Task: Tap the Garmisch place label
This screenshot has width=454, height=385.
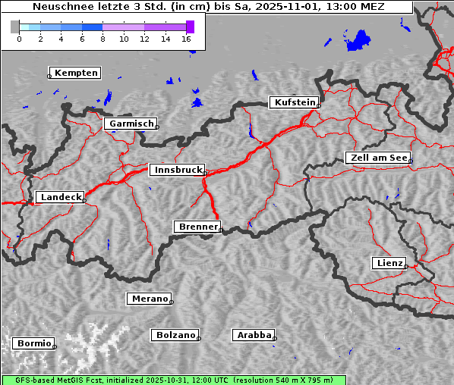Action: coord(132,124)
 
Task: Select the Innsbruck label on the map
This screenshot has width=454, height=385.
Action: coord(178,170)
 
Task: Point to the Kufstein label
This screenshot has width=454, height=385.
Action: coord(295,102)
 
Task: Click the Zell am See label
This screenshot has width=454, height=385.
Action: coord(379,158)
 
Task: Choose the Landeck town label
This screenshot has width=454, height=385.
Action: coord(61,197)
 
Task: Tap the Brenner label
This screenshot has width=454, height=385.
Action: coord(198,227)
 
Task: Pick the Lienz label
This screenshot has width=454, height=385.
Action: coord(389,263)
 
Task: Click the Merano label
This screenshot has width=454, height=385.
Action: coord(150,299)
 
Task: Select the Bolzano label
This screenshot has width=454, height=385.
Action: coord(176,334)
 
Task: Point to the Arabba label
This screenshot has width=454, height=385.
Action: coord(254,334)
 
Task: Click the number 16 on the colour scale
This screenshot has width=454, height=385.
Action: coord(186,38)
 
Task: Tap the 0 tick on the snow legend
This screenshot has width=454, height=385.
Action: coord(19,38)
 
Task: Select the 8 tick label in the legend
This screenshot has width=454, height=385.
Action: coord(102,38)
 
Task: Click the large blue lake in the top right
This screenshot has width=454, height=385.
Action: coord(357,40)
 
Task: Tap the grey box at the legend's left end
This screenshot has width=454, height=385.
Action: coord(15,27)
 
